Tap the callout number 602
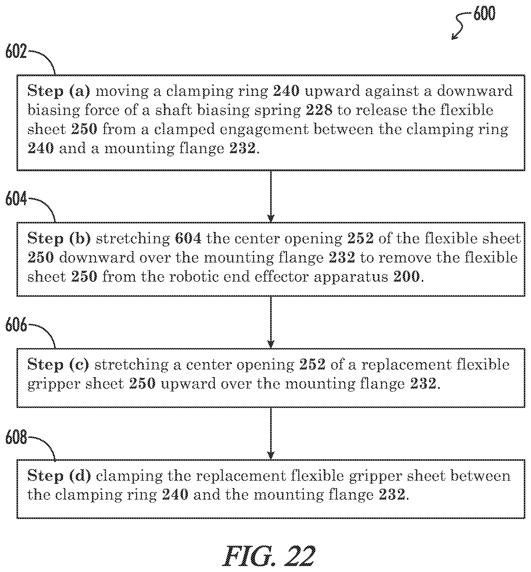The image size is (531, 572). point(16,52)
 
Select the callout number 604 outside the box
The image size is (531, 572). point(16,199)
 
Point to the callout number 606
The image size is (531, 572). point(16,325)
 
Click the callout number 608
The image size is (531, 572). point(16,437)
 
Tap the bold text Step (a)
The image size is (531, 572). point(59,91)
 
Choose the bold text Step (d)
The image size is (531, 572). point(59,476)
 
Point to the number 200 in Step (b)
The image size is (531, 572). point(406,277)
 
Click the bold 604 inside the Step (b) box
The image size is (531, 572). point(188,239)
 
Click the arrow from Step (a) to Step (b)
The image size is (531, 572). point(271,196)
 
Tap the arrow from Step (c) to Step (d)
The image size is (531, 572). point(271,433)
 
